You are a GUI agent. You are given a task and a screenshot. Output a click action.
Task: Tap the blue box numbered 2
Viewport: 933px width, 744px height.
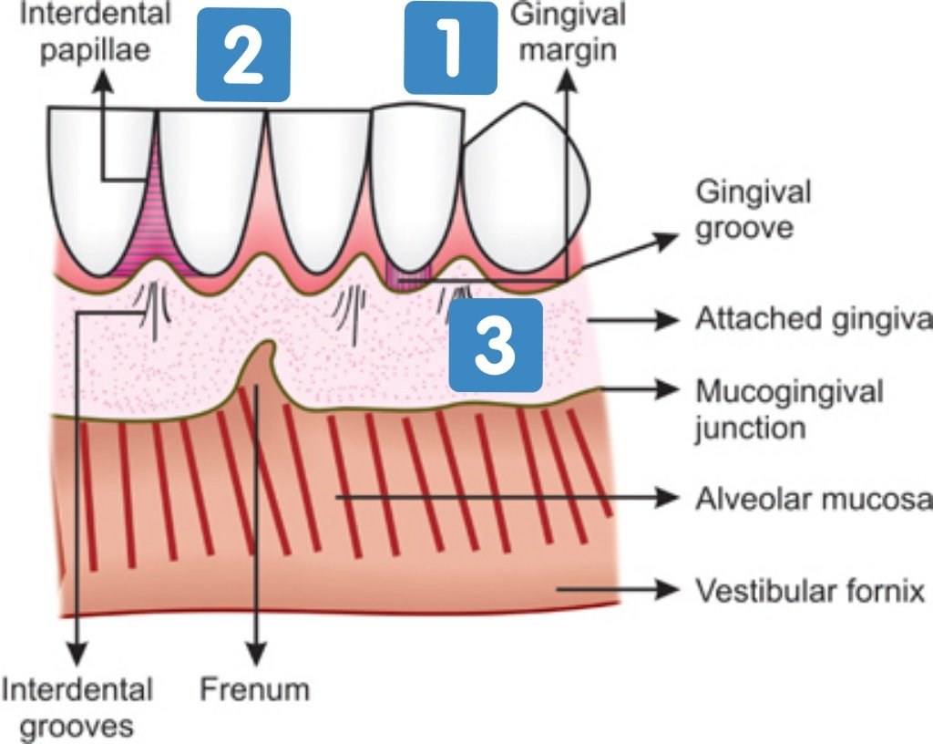tap(243, 55)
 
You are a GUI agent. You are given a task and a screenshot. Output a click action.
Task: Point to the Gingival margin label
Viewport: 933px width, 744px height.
tap(569, 29)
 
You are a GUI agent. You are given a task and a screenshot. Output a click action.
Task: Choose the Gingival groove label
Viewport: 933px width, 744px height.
tap(753, 210)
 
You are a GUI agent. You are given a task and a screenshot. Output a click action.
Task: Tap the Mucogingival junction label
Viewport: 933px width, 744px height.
tap(789, 408)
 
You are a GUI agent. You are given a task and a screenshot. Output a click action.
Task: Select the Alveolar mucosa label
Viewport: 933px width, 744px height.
tap(813, 499)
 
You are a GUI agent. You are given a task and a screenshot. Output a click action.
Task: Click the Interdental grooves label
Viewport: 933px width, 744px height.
tap(77, 707)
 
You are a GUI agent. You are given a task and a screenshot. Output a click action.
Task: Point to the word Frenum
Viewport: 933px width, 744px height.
tap(255, 688)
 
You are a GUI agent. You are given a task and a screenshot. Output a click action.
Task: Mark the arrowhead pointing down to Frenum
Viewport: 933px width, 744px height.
tap(259, 655)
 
